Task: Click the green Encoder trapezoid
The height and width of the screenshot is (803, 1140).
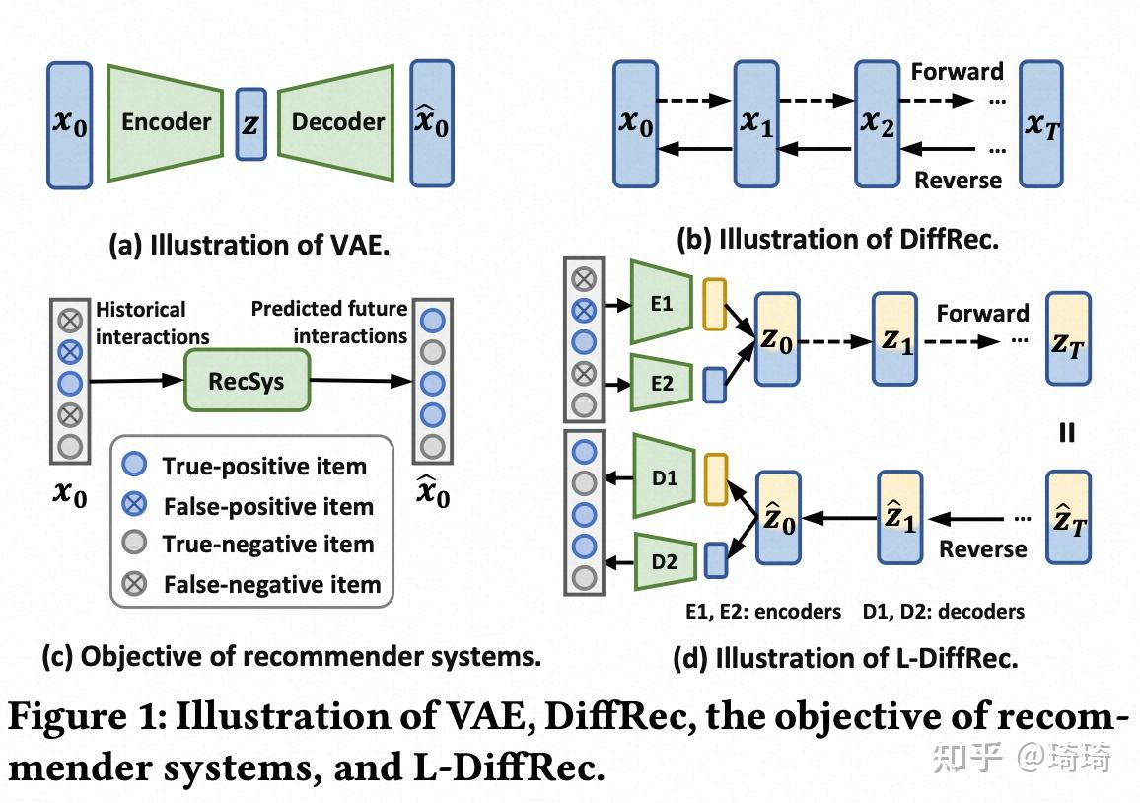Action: point(165,122)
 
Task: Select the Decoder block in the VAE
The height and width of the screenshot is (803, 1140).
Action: point(336,122)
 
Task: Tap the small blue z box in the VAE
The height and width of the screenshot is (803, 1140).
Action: point(250,123)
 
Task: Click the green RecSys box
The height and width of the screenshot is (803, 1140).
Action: point(248,381)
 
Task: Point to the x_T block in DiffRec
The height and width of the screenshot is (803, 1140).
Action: point(1041,124)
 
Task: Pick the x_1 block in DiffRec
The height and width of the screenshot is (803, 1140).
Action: point(756,124)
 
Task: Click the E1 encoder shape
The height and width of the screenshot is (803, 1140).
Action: point(661,302)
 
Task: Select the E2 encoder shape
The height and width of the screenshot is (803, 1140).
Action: point(661,383)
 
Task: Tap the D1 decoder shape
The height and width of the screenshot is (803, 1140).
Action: point(664,476)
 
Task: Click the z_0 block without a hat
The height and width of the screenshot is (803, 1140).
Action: point(777,339)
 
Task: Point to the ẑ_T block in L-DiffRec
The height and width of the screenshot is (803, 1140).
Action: point(1068,517)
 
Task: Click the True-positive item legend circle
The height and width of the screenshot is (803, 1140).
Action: point(134,464)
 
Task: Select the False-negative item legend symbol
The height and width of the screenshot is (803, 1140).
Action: point(134,583)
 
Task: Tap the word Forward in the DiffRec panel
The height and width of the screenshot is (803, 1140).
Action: point(957,71)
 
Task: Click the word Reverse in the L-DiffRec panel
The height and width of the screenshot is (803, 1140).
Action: point(983,549)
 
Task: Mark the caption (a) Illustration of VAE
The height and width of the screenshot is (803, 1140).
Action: point(249,245)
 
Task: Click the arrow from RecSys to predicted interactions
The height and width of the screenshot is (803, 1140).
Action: point(361,380)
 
